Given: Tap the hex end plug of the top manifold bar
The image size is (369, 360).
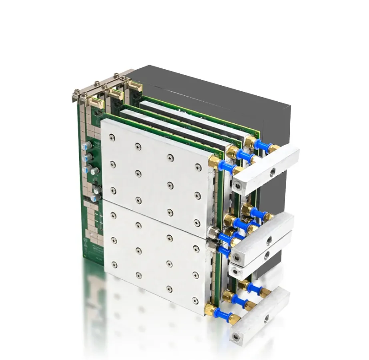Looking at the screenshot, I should click(x=239, y=185).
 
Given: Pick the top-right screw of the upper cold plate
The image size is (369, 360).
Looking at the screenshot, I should click(x=197, y=167).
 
